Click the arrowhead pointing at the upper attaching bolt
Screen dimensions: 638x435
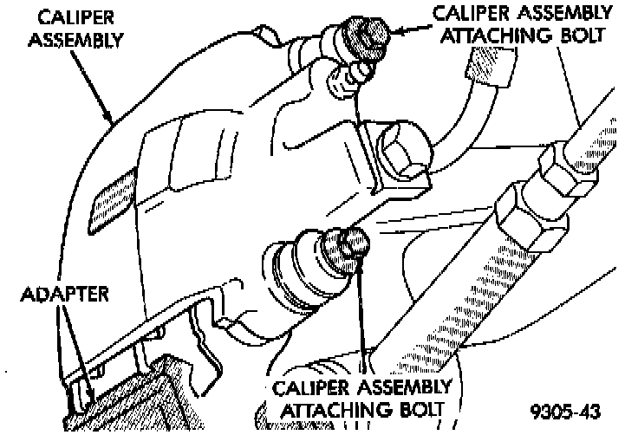point(395,32)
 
